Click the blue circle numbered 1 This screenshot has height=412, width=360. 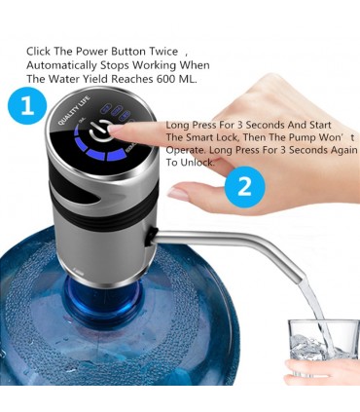click(27, 105)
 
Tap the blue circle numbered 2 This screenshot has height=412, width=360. click(245, 186)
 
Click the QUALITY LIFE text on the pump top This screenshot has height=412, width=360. click(74, 111)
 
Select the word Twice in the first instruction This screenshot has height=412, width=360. click(163, 52)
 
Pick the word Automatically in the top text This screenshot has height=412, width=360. click(61, 65)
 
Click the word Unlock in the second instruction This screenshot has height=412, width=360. click(198, 163)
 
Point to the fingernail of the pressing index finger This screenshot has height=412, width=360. click(116, 129)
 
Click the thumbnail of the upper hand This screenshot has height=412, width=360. click(177, 194)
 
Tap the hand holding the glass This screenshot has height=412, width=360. click(321, 368)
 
